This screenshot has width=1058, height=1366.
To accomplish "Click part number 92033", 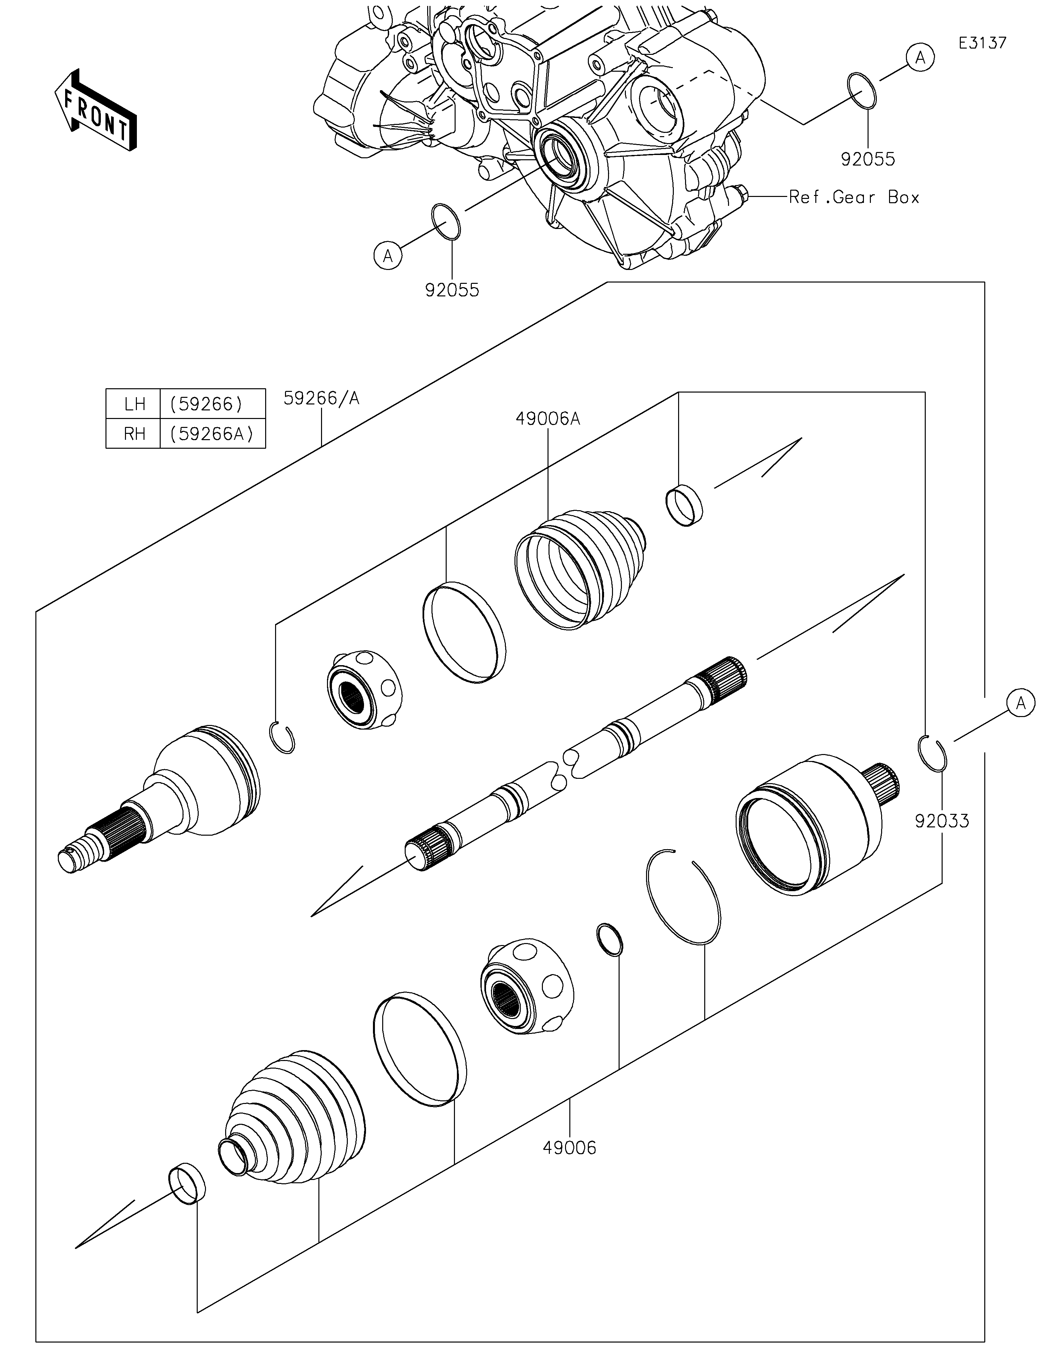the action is pos(942,820).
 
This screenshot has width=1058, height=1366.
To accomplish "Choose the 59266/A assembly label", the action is pos(322,398).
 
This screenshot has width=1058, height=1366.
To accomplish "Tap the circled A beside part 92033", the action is pos(1020,703).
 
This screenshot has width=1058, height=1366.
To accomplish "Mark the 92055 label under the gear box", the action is pos(452,290).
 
